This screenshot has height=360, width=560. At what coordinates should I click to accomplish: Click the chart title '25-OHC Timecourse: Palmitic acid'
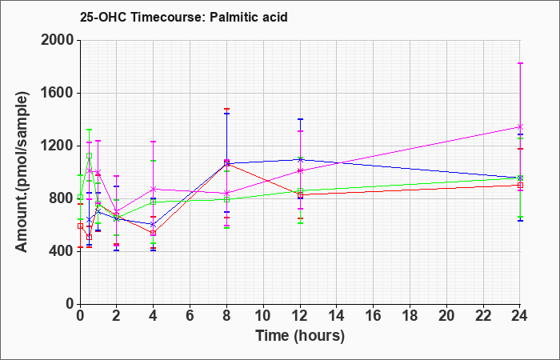point(183,17)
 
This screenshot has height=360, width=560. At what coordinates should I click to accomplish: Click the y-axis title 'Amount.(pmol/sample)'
point(22,172)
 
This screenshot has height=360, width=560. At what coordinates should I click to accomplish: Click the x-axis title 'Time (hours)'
point(300,336)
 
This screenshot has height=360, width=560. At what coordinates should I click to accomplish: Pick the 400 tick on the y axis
point(62,251)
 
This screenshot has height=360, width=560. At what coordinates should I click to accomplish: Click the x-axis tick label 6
point(190,316)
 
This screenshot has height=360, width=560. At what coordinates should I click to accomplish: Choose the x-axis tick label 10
point(263,316)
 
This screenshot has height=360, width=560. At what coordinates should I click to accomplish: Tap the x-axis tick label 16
point(374,316)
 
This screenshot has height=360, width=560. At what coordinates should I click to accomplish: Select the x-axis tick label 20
point(446,316)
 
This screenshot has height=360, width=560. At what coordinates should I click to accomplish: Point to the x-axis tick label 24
point(520,316)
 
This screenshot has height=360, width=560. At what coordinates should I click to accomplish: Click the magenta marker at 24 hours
point(520,126)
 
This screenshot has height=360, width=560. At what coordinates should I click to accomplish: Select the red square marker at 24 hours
point(520,185)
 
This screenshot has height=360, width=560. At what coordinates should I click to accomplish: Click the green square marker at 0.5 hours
point(90,156)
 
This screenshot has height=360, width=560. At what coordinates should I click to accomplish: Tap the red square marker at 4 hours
point(154,234)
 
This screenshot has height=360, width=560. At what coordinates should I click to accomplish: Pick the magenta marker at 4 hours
point(154,189)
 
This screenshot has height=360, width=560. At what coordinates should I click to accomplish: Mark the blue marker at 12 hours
point(300,160)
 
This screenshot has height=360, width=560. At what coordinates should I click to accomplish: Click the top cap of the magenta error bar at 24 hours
point(520,63)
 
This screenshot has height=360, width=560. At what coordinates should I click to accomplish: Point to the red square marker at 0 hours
point(80,226)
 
